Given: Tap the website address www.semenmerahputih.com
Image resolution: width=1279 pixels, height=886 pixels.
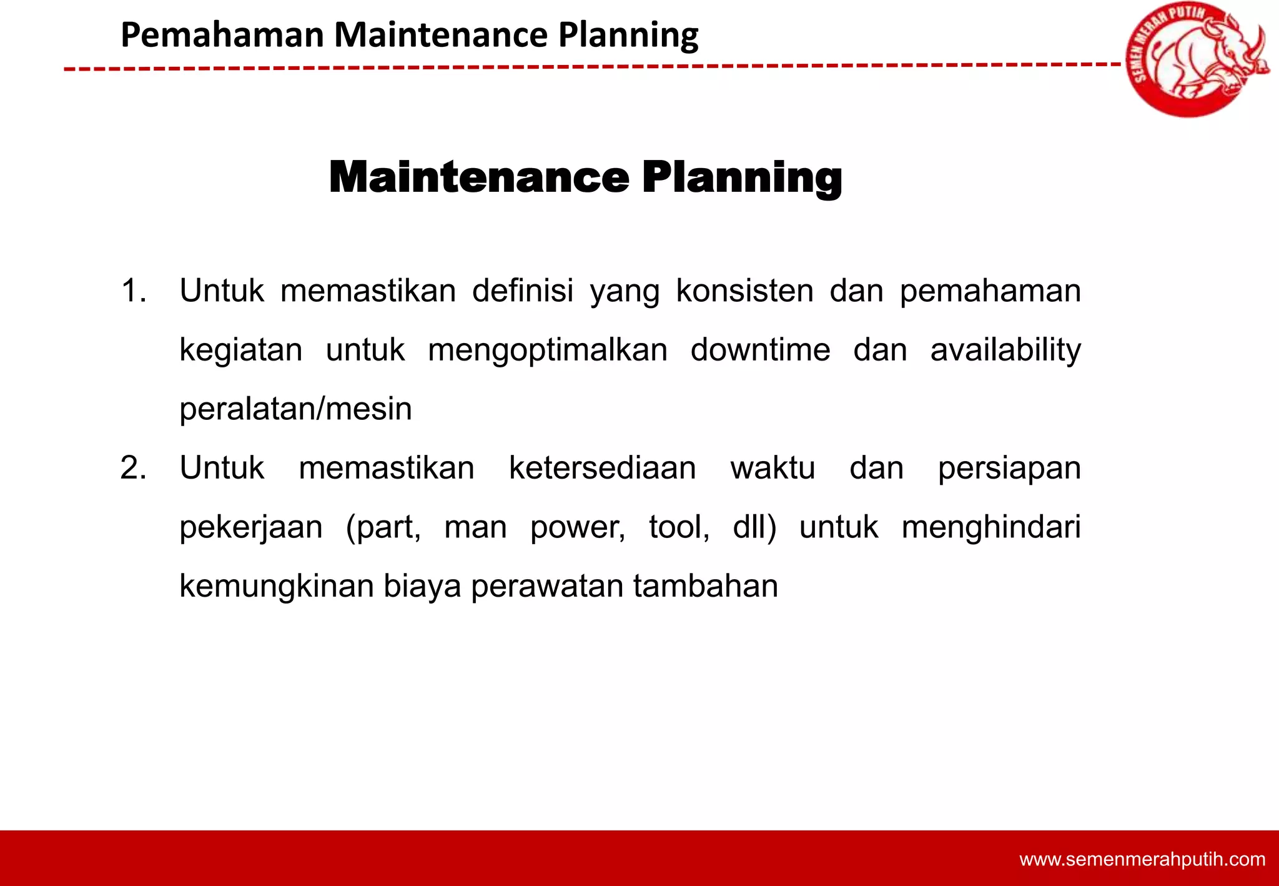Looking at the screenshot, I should (1142, 859).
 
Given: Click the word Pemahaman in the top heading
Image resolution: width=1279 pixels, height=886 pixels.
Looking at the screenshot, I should (222, 35).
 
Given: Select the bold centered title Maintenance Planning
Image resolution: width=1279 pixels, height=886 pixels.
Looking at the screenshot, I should (585, 177).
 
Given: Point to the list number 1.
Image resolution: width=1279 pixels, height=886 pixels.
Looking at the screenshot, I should (133, 291).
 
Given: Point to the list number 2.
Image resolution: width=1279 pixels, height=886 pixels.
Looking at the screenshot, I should (133, 468).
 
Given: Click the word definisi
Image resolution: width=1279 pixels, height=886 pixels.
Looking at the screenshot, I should (522, 291).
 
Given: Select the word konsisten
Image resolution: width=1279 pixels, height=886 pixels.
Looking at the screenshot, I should (744, 291).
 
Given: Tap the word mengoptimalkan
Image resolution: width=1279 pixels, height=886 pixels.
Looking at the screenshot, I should (548, 350).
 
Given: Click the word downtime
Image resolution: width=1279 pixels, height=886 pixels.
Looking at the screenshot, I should (760, 350).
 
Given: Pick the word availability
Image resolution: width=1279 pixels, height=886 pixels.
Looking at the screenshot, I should (1005, 350).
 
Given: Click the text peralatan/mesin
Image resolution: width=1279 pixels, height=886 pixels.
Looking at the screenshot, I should (295, 409).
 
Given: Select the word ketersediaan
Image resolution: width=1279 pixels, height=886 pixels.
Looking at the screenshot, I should (602, 468).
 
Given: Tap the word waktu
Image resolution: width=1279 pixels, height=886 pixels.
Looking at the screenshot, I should (773, 468).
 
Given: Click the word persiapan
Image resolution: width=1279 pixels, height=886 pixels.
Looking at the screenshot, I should (1009, 468).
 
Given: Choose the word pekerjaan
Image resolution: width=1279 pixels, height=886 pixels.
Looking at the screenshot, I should (250, 527).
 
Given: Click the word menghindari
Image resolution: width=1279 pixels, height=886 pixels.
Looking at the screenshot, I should (991, 527).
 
